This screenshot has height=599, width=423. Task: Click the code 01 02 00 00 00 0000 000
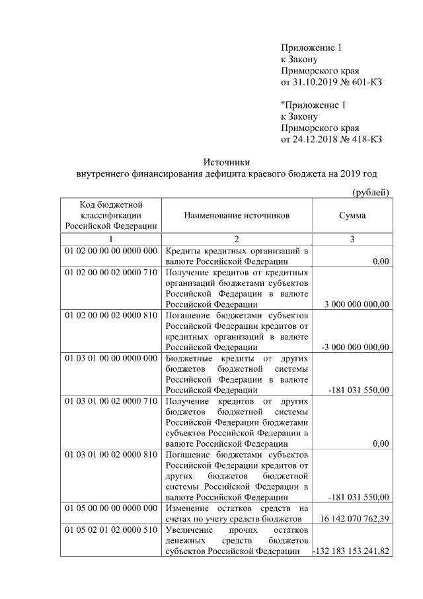pos(111,252)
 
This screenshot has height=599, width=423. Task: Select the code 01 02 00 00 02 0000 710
pos(111,272)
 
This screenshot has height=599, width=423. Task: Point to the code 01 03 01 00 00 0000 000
pos(111,357)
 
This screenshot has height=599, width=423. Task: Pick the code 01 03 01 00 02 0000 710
pos(111,400)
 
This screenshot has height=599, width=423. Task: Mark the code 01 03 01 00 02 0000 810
pos(111,455)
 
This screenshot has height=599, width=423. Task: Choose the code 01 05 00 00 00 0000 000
pos(111,508)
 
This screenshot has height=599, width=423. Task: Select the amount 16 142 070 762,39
pos(354,520)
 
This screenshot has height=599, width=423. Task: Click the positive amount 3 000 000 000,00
pos(357,304)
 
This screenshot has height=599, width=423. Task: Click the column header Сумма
pos(352,216)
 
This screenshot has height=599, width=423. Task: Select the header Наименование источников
pos(237,216)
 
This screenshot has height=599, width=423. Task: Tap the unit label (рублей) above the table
pos(369,192)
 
